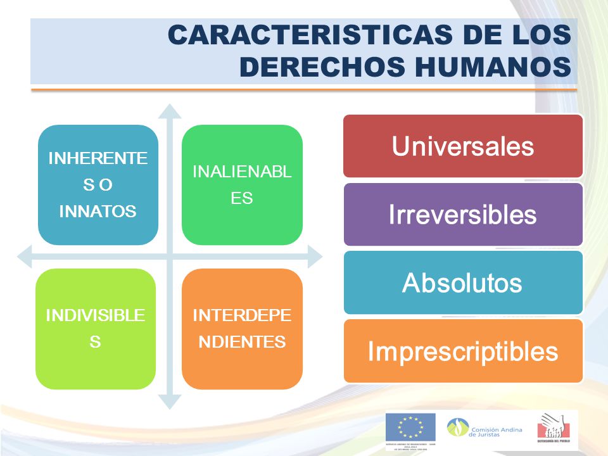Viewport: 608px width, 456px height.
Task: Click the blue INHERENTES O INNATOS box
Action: pyautogui.click(x=98, y=184)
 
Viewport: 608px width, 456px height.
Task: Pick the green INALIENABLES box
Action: pyautogui.click(x=242, y=184)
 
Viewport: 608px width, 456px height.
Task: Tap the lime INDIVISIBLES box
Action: pyautogui.click(x=96, y=328)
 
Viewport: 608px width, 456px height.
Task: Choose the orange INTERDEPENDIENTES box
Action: pyautogui.click(x=242, y=328)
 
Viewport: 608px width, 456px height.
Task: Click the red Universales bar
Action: pyautogui.click(x=462, y=146)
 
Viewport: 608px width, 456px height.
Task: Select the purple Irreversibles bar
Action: pyautogui.click(x=462, y=214)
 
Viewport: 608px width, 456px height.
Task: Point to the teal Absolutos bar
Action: pyautogui.click(x=462, y=282)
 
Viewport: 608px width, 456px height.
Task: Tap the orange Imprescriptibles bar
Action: pyautogui.click(x=462, y=351)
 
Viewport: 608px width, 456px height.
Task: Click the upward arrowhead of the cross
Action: pyautogui.click(x=169, y=111)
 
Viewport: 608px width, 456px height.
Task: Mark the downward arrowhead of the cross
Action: pyautogui.click(x=169, y=402)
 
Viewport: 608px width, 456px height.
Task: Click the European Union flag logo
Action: pyautogui.click(x=410, y=428)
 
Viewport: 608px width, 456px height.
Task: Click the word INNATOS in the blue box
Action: pyautogui.click(x=98, y=212)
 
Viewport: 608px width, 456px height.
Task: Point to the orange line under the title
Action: pyautogui.click(x=304, y=90)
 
